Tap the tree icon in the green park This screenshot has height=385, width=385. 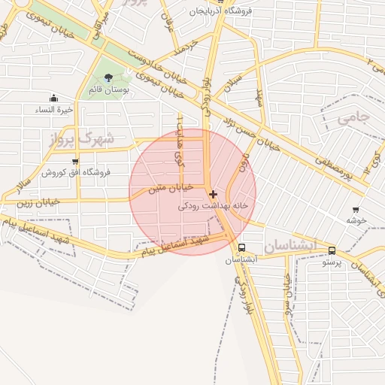pos(109,77)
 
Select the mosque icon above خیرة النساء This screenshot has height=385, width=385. pos(53,98)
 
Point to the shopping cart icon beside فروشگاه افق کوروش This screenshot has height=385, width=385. pos(74,161)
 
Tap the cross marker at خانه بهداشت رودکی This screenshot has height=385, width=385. pos(213,194)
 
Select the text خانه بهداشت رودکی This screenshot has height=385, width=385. pos(213,205)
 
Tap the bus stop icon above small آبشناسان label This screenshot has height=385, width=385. pos(241,247)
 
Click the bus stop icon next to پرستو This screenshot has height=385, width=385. pos(332,252)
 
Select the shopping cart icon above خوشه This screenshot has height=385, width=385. pos(355,210)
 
